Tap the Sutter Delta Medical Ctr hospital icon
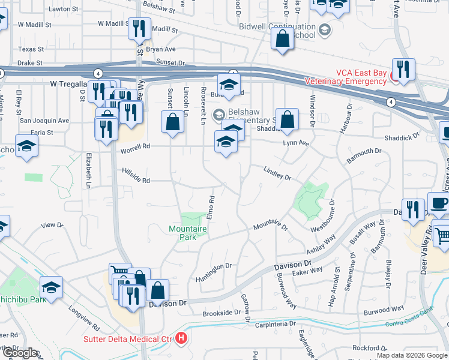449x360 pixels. [x=182, y=340]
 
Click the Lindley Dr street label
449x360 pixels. [x=277, y=174]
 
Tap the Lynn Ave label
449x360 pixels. [x=296, y=144]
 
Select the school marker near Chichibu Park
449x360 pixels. [x=52, y=287]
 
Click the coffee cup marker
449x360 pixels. [x=439, y=203]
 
